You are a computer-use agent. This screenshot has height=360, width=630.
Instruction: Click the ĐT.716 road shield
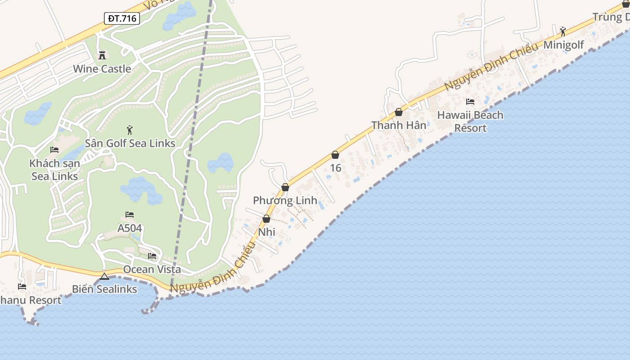click(122, 18)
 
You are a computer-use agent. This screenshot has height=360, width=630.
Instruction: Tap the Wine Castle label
click(102, 69)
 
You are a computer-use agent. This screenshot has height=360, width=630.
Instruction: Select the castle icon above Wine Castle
click(102, 55)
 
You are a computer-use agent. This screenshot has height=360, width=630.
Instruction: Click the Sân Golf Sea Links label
click(130, 143)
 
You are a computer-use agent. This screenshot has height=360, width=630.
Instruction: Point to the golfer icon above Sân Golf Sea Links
click(130, 130)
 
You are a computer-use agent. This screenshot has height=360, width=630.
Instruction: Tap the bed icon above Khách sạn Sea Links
click(54, 150)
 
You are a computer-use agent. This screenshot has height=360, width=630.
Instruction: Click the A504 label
click(130, 228)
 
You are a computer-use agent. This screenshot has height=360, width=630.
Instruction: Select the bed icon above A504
click(130, 215)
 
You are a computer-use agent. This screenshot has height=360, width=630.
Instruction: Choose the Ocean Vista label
click(152, 269)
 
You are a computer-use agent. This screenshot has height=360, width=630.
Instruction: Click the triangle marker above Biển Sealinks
click(104, 276)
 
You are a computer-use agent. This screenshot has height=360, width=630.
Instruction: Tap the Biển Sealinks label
click(104, 289)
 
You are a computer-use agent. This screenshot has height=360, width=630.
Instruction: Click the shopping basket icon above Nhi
click(266, 219)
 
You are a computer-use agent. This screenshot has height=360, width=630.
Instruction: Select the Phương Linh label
click(285, 200)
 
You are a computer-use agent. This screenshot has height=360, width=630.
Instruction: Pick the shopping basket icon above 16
click(335, 155)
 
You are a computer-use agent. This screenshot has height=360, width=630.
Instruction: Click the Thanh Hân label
click(399, 125)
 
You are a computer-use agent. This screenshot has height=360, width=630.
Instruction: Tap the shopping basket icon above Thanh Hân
click(399, 112)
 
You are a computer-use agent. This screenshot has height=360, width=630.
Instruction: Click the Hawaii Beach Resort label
click(470, 121)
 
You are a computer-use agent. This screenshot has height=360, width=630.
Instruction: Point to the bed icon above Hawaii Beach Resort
click(470, 102)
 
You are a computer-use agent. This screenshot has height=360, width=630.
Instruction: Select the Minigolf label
click(564, 45)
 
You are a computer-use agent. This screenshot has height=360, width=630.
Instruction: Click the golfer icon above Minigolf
click(563, 31)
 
